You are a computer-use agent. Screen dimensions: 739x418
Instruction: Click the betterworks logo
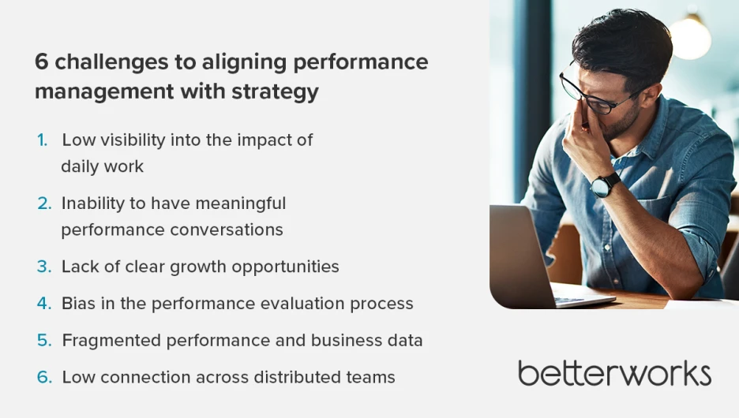click(x=614, y=373)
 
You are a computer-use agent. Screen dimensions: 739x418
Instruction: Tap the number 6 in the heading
click(x=42, y=62)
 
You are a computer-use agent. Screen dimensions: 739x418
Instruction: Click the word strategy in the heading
click(x=275, y=92)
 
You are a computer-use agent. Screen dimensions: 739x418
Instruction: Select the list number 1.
click(x=43, y=140)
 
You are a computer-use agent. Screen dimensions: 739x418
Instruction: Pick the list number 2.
click(x=44, y=203)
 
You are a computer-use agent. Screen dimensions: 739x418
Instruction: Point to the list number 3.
click(x=44, y=267)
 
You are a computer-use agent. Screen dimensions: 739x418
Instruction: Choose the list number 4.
click(x=44, y=304)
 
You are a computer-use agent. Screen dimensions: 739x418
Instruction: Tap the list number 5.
click(x=44, y=341)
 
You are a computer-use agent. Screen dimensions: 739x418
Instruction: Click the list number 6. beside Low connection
click(x=44, y=377)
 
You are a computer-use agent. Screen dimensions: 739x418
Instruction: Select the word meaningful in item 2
click(x=240, y=203)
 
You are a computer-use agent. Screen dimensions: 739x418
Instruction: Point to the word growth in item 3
click(x=198, y=267)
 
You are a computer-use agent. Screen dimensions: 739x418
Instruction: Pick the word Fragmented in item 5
click(x=111, y=341)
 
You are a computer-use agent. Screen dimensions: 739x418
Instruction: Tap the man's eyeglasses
click(x=596, y=93)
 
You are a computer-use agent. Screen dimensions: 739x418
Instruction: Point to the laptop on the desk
click(x=542, y=256)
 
